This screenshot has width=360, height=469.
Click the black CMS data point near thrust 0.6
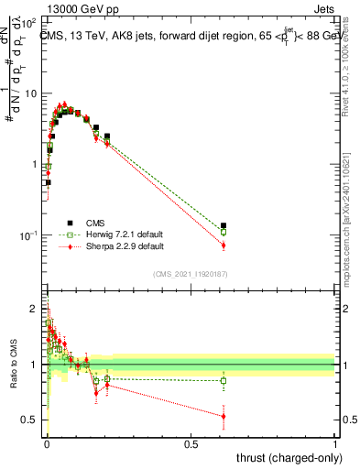[224, 225]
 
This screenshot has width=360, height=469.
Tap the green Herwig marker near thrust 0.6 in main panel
[224, 233]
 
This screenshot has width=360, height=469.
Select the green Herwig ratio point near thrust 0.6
[224, 380]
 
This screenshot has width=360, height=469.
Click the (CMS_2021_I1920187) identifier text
[190, 273]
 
